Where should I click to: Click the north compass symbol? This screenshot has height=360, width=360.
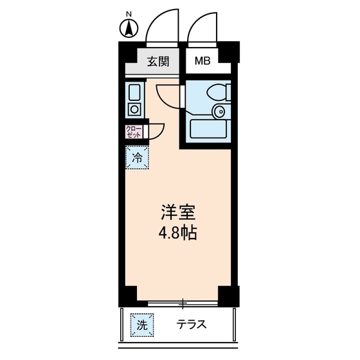[128, 28]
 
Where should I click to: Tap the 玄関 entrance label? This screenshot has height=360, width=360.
[157, 62]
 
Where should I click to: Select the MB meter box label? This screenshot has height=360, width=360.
[203, 62]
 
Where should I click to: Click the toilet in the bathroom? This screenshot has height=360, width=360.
[216, 91]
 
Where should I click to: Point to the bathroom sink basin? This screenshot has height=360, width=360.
[221, 112]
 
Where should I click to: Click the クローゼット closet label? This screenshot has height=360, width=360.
[134, 132]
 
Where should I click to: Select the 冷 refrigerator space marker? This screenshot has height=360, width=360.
[136, 156]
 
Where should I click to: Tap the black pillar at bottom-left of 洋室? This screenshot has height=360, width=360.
[129, 296]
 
